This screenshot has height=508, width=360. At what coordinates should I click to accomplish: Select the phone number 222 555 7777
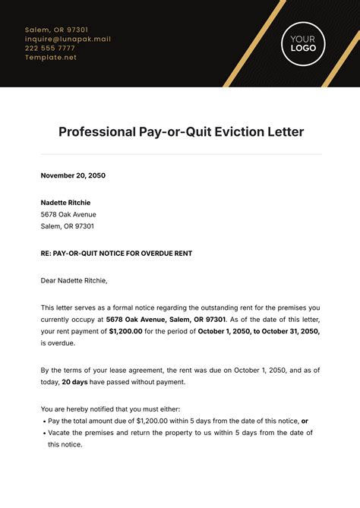point(50,48)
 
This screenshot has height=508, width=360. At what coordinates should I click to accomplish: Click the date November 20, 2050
point(73,175)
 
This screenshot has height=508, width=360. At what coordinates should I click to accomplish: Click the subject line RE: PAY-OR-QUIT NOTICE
point(116,254)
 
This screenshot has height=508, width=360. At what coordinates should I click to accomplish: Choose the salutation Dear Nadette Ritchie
point(74,280)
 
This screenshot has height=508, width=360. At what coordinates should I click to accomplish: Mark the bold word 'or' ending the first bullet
point(305,421)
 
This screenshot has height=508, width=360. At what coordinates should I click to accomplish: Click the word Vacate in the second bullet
point(59,433)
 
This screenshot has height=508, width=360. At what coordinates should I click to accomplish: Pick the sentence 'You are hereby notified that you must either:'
point(111,409)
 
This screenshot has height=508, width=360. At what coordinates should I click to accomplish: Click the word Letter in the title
point(286,132)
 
